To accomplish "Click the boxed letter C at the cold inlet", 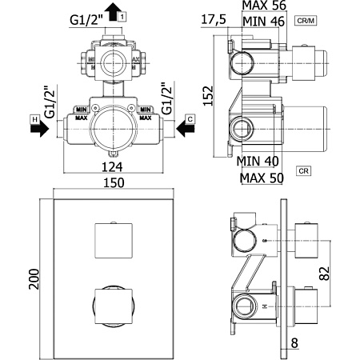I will (190, 119).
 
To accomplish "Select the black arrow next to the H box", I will (38, 131).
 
